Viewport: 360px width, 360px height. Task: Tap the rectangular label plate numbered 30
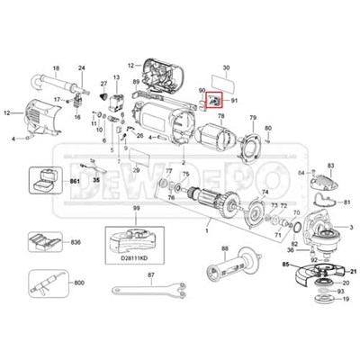226,82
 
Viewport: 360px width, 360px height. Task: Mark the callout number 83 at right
330,166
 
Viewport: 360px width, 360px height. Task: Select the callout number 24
82,69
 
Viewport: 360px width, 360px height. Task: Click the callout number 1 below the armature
207,232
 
